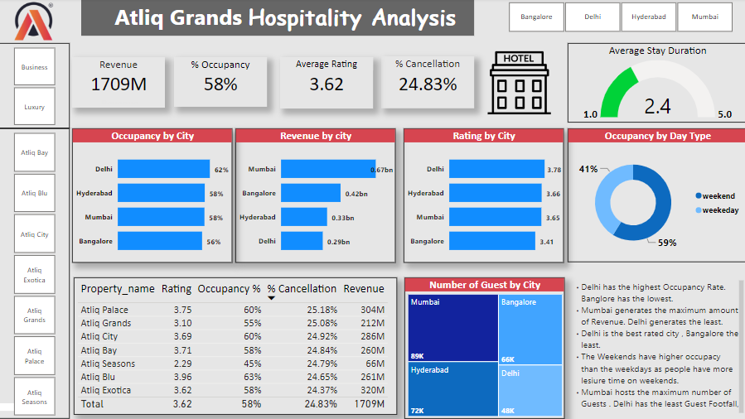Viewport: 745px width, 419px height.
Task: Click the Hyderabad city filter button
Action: [x=648, y=17]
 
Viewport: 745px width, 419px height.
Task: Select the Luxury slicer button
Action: [x=34, y=107]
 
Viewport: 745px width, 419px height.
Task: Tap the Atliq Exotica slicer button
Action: [x=34, y=275]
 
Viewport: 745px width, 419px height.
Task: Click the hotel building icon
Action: [x=519, y=83]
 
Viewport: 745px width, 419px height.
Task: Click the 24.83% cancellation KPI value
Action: [x=428, y=84]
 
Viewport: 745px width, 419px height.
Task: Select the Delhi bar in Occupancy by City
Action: [x=163, y=170]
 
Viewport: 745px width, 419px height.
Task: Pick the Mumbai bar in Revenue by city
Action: [x=327, y=170]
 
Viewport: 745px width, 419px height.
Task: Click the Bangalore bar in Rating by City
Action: [x=491, y=241]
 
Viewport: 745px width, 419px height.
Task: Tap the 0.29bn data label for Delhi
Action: [x=337, y=242]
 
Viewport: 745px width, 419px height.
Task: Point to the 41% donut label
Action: [x=588, y=169]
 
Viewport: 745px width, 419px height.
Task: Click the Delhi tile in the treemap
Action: [x=530, y=389]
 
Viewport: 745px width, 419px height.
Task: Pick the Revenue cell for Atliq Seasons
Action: [x=375, y=364]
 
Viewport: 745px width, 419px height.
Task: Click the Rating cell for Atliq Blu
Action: [x=182, y=377]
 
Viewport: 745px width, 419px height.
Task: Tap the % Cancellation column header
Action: [x=302, y=289]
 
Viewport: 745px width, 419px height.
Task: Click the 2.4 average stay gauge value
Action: [x=657, y=106]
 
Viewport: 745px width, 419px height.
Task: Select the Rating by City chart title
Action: [x=483, y=136]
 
